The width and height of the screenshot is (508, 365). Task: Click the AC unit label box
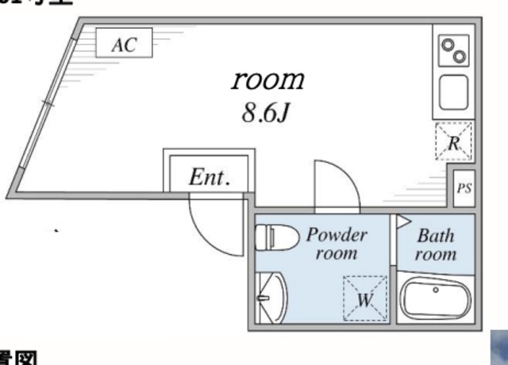click(x=124, y=44)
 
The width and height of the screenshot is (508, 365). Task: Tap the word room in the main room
click(x=268, y=79)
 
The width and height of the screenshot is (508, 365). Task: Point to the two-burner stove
click(x=453, y=52)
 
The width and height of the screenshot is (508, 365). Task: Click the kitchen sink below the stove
click(x=453, y=90)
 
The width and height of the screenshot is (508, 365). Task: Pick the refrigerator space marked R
click(x=453, y=142)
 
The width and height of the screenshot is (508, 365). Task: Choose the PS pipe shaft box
click(x=464, y=189)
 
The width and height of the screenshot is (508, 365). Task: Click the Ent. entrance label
click(x=210, y=178)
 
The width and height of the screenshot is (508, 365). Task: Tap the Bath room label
click(x=436, y=244)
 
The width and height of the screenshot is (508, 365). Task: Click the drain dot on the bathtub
click(x=435, y=290)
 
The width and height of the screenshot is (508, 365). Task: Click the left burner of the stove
click(x=446, y=47)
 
